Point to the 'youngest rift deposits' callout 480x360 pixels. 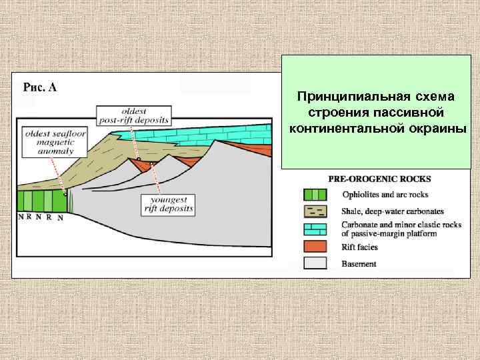coord(171,203)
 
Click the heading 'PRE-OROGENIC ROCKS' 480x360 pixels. coord(379,179)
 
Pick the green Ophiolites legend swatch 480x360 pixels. coord(315,195)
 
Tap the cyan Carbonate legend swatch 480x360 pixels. coord(315,229)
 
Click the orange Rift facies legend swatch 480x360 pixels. coord(315,247)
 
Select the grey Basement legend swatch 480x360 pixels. coord(315,263)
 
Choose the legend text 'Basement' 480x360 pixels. coord(359,264)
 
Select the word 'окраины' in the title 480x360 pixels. coord(439,127)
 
